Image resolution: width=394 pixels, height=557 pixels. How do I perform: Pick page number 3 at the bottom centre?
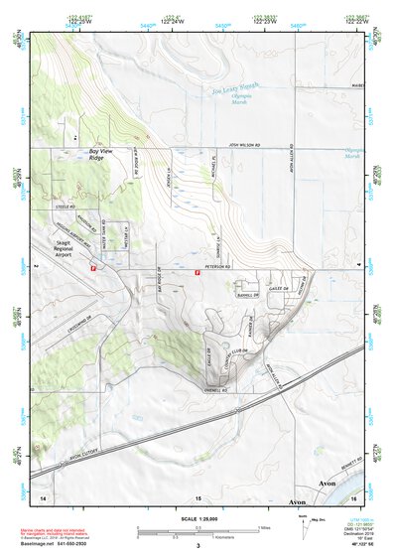197,545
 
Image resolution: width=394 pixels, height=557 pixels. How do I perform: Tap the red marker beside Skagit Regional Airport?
94,269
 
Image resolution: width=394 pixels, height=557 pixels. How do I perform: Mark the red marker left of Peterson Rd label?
197,274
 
